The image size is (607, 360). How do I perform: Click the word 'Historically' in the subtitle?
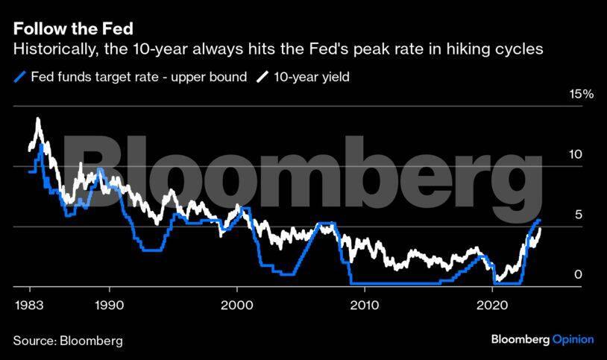point(50,50)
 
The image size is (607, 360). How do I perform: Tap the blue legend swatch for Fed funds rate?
point(19,78)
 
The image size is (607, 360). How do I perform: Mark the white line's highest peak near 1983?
point(37,119)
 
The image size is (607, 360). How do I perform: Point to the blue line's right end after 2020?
point(539,221)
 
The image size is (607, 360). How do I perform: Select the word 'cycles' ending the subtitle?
point(520,50)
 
